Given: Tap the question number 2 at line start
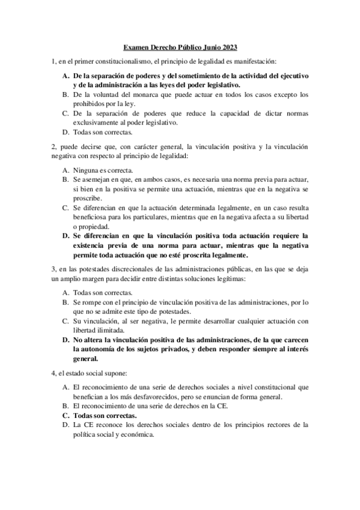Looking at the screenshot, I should pyautogui.click(x=53, y=147).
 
